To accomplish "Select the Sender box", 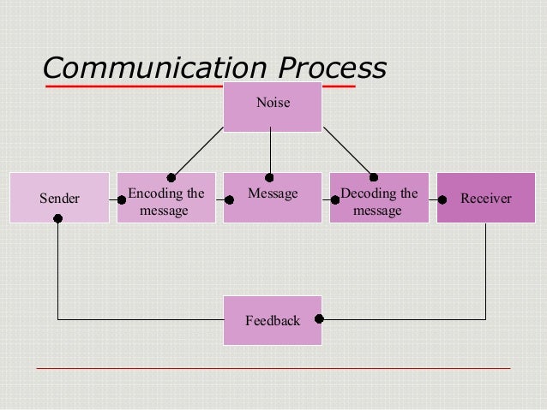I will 59,198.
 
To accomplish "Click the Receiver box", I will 485,198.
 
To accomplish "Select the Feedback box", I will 273,320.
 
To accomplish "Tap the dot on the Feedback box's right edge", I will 319,319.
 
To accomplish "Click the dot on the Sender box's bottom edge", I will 58,219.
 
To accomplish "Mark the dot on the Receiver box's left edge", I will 442,199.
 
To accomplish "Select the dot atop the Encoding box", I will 171,177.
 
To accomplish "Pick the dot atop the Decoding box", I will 373,177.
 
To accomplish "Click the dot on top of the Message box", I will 270,177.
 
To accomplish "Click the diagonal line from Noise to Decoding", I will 347,152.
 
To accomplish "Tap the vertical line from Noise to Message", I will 270,152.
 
